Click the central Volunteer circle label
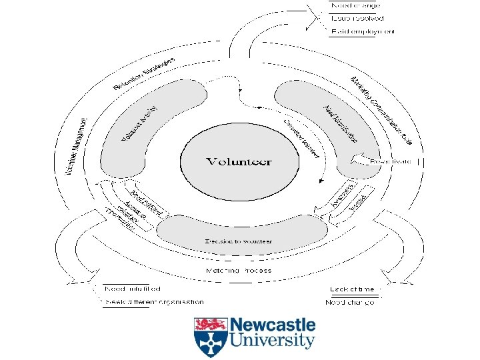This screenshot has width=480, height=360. click(239, 161)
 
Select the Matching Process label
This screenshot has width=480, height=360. click(239, 271)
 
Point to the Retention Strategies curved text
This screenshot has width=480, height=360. click(143, 73)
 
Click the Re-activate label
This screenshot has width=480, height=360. click(390, 162)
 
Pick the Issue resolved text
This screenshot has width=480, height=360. click(355, 19)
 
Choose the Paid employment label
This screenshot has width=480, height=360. click(363, 31)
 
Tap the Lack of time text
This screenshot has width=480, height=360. click(352, 289)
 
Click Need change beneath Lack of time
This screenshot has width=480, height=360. click(350, 302)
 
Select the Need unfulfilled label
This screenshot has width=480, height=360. click(133, 289)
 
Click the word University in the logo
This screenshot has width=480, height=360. click(272, 341)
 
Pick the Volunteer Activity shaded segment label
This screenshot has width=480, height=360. click(139, 124)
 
